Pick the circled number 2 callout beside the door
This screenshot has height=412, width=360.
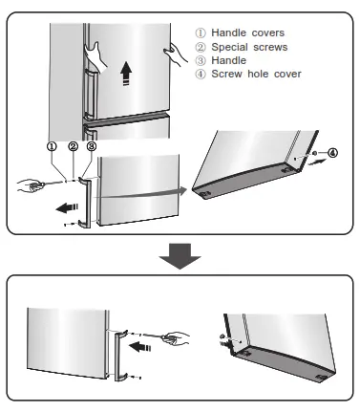tap(73, 147)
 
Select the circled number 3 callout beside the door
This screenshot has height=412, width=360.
tap(91, 147)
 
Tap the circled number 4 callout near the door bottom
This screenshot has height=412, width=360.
tap(332, 152)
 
